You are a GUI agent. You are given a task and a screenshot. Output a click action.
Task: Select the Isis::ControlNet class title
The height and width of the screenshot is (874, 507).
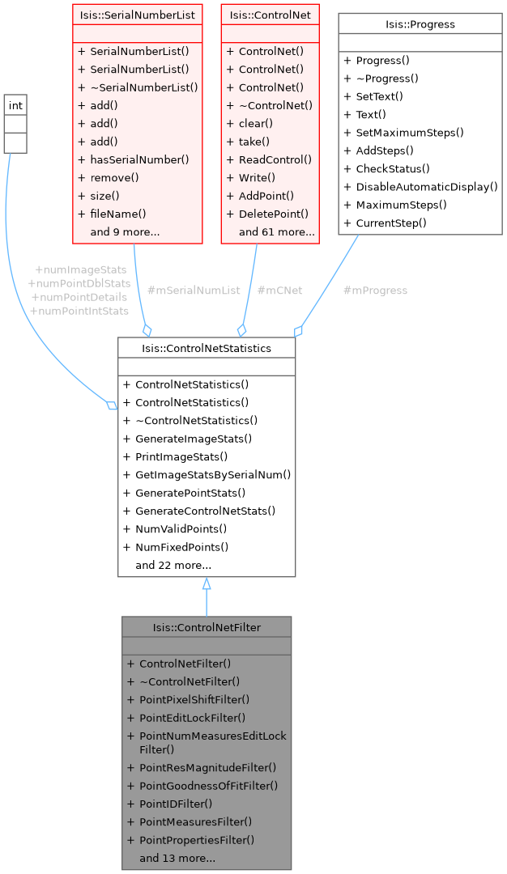270,15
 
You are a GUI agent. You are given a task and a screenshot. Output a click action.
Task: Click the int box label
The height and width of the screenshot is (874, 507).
15,105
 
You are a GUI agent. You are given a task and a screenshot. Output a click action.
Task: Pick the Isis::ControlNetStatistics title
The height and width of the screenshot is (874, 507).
207,348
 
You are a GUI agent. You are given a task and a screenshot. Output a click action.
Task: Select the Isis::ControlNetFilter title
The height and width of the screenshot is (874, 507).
207,627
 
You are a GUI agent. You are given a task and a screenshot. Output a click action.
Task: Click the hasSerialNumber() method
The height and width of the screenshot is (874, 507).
139,159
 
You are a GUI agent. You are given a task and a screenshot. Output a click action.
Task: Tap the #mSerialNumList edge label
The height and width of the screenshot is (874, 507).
194,290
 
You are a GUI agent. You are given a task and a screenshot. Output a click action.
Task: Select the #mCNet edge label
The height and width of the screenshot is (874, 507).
279,290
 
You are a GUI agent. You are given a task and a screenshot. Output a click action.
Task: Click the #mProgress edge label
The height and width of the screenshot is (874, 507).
375,290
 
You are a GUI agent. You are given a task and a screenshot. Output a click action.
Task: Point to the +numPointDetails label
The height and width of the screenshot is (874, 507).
79,297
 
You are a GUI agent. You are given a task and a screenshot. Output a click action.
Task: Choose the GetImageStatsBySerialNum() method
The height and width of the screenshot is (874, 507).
213,474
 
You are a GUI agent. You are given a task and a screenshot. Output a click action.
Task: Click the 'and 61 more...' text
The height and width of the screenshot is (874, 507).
276,231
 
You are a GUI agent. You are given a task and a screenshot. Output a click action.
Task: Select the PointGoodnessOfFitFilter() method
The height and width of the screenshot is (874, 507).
208,785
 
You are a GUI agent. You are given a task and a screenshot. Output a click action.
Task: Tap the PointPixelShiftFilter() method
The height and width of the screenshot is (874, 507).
194,699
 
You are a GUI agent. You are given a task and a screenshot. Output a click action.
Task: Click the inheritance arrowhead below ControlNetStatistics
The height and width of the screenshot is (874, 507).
207,583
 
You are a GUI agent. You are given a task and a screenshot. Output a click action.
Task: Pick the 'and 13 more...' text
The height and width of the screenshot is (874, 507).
177,857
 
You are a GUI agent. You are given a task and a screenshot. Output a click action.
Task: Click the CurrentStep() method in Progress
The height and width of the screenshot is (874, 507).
391,223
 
